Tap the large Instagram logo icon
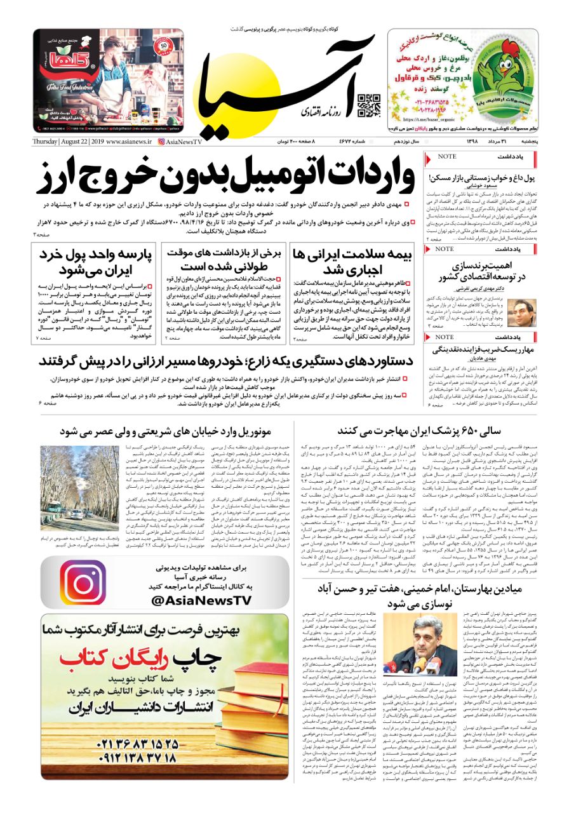[81, 582]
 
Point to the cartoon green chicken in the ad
[507, 71]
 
